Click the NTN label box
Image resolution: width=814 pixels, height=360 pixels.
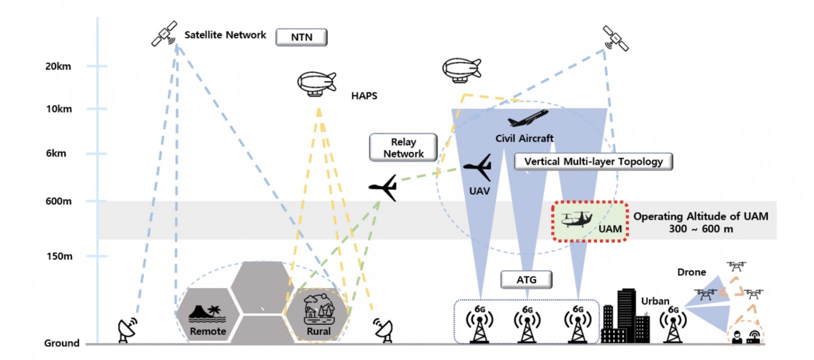(x=301, y=37)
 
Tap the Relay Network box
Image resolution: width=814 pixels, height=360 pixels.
(x=403, y=148)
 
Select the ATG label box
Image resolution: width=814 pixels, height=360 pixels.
(x=526, y=280)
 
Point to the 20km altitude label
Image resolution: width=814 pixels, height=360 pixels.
(x=58, y=66)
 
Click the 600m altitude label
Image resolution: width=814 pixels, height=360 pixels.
(x=58, y=201)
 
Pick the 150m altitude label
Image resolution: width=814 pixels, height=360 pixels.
(x=59, y=256)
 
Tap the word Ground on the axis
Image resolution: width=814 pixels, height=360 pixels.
(x=61, y=343)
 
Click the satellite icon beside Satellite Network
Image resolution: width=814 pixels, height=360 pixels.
(x=164, y=33)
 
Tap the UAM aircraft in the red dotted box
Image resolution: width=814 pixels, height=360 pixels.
(x=576, y=219)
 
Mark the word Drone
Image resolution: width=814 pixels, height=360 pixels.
(x=691, y=272)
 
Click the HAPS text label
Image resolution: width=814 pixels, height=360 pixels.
(x=364, y=96)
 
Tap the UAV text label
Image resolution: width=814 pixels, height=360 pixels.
(x=479, y=191)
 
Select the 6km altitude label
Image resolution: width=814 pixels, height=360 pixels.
(x=56, y=153)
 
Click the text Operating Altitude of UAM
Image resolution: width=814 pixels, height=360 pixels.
(x=700, y=216)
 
